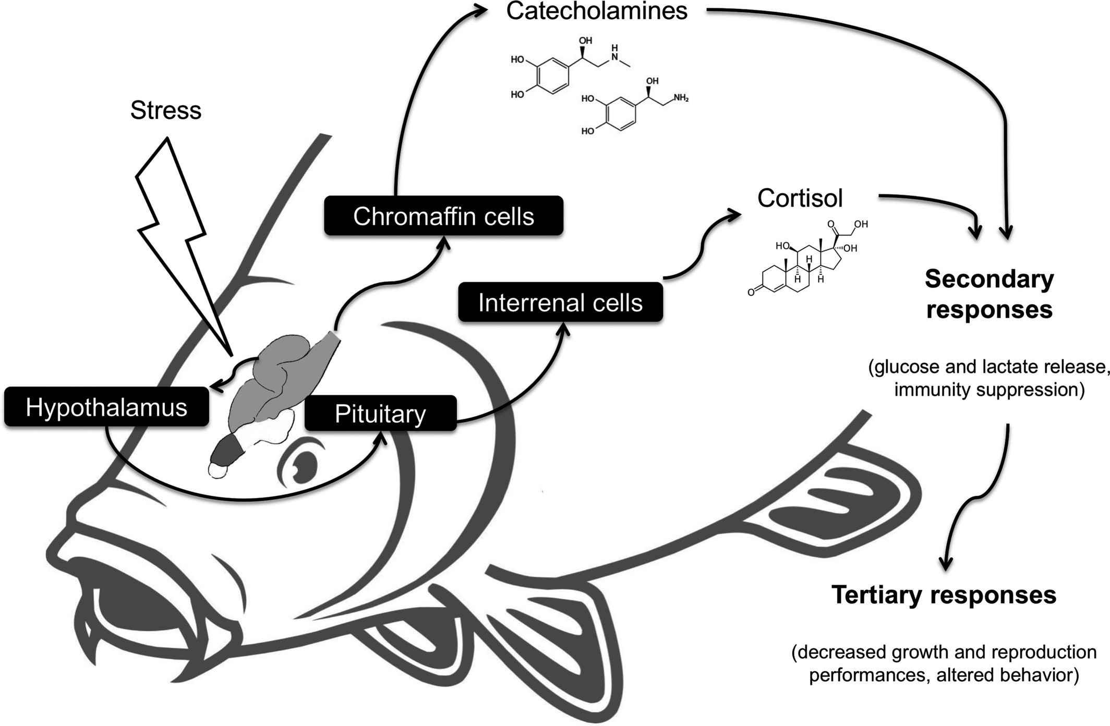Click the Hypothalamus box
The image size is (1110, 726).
point(106,407)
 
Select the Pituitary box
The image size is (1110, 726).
point(380,414)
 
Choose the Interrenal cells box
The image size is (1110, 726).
point(560,302)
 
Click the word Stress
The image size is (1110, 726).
point(166,110)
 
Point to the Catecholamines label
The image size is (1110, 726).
point(597,11)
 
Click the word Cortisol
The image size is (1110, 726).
point(800,198)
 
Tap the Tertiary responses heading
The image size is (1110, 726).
point(944,595)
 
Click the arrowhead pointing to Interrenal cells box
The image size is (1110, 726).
point(563,329)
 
